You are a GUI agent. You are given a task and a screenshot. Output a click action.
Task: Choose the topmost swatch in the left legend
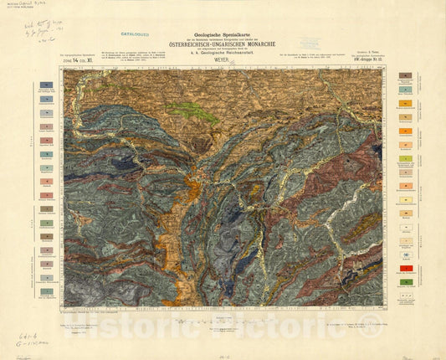coord(45,85)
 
